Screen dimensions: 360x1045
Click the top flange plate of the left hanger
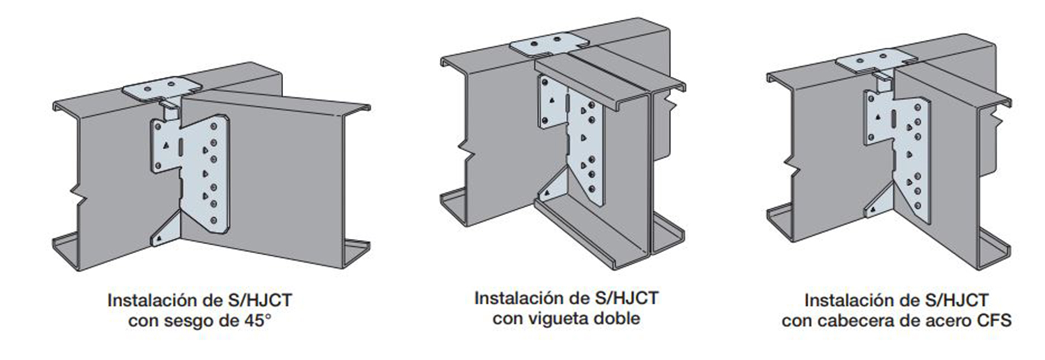click(161, 89)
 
